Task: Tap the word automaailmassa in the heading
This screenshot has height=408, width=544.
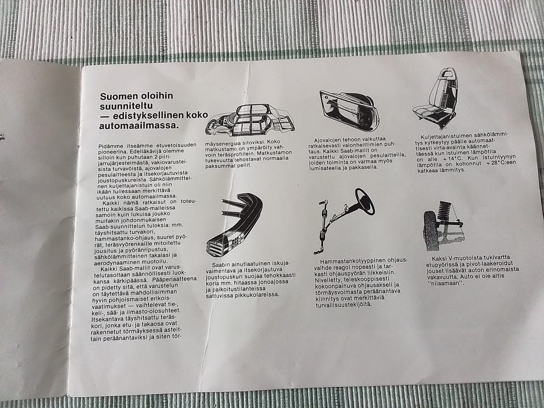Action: pos(139,126)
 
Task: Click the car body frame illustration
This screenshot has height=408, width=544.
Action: pos(250,120)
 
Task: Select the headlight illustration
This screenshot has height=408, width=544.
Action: pos(349,109)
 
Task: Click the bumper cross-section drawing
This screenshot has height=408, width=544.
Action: pos(235,226)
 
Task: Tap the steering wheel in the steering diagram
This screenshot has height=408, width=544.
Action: pos(365,201)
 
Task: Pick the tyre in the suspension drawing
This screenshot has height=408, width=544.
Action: pos(431,231)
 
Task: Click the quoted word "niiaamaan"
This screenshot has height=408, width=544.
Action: pos(445,283)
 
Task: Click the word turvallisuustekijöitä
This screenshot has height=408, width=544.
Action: pos(343,305)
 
